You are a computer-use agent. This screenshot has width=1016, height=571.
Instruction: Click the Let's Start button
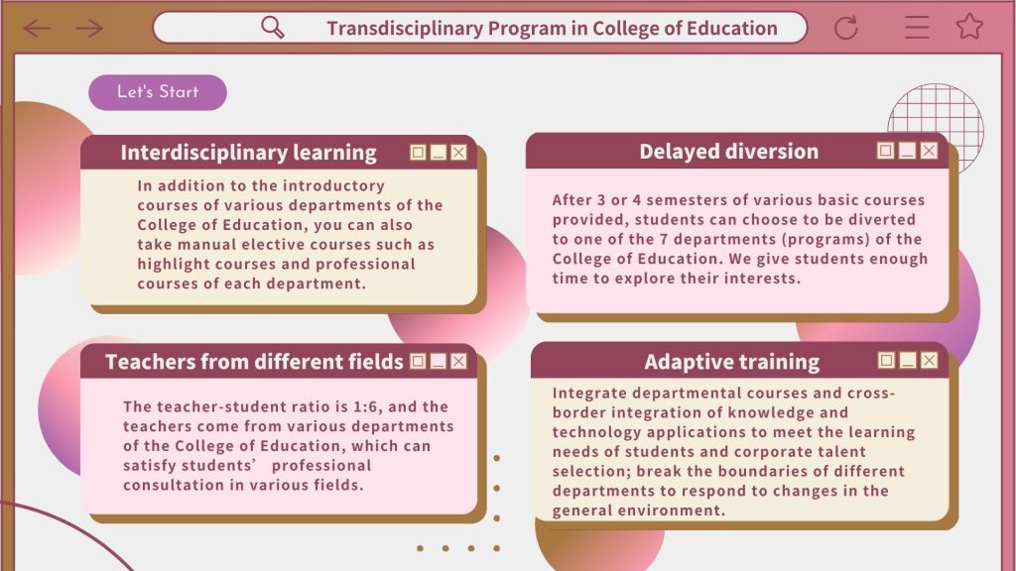[158, 92]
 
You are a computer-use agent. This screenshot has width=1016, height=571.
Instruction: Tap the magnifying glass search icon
[272, 27]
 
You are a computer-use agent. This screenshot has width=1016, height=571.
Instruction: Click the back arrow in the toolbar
[37, 28]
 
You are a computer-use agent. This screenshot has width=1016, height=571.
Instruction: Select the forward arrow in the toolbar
[89, 28]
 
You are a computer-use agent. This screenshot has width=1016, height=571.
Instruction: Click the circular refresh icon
[845, 28]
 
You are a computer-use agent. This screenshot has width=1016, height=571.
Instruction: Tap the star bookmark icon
[969, 27]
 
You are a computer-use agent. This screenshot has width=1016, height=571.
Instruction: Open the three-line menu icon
[917, 27]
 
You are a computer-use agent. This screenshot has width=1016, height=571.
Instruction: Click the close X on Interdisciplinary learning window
[458, 152]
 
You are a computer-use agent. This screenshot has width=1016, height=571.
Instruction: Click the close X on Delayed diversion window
[929, 151]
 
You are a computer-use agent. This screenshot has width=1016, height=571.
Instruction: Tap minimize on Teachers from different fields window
[439, 361]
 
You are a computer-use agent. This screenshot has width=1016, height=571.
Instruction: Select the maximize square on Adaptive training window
[886, 360]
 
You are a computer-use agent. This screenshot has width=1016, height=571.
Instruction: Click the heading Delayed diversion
[729, 151]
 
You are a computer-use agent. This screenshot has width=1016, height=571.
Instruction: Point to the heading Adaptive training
[731, 361]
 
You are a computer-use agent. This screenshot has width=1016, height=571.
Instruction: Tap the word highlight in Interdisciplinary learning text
[173, 264]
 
